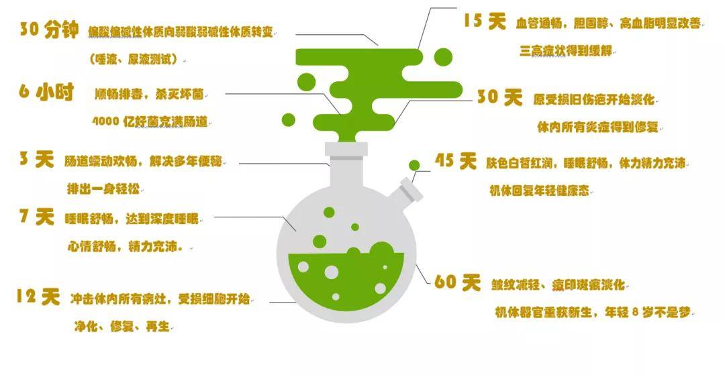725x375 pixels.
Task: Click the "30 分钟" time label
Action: (x=48, y=30)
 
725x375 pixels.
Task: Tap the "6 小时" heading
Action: (x=46, y=93)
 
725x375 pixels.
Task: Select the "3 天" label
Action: (x=36, y=160)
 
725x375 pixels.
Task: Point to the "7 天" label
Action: (x=37, y=217)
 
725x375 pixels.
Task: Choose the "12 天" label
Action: (x=38, y=297)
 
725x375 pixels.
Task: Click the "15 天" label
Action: (x=485, y=21)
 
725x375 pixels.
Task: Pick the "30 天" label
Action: (x=500, y=97)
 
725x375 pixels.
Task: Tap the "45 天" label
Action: (x=455, y=161)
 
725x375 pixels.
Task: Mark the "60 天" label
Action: (x=458, y=282)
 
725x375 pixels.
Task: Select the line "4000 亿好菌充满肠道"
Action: (x=150, y=121)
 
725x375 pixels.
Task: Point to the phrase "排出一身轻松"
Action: (x=103, y=189)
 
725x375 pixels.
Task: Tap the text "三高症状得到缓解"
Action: (x=566, y=51)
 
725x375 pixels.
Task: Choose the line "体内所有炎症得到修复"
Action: (x=597, y=127)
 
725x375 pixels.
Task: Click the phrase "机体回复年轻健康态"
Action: (x=540, y=191)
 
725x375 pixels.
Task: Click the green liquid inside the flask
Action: (x=346, y=282)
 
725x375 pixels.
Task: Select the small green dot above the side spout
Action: (x=415, y=165)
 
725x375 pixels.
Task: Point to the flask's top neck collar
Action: (x=346, y=150)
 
